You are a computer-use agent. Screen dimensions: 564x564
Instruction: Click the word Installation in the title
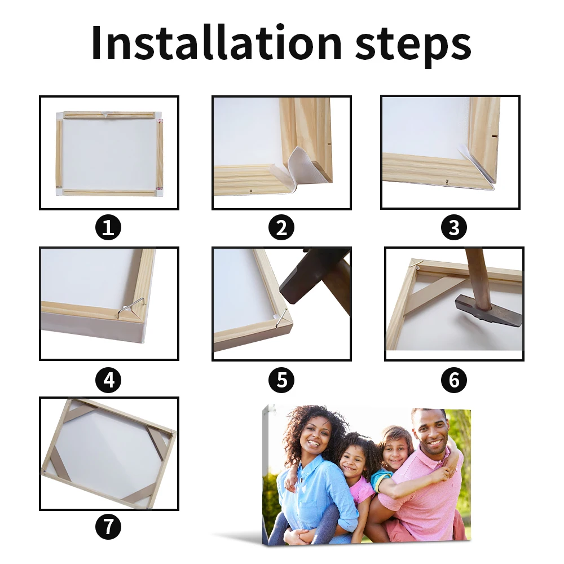(217, 42)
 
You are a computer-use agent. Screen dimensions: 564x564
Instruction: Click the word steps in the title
(413, 46)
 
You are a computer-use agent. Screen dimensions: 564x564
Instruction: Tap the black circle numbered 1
(108, 228)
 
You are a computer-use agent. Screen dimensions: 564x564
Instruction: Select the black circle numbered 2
(281, 228)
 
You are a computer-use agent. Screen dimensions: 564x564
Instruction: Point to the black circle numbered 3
(454, 228)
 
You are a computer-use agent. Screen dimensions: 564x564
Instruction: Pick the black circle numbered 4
(108, 380)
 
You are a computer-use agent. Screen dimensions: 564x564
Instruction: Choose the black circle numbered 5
(281, 380)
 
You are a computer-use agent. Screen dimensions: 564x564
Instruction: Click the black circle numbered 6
(454, 380)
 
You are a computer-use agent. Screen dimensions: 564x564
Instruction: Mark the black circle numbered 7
(108, 527)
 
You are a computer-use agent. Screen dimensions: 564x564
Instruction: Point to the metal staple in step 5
(281, 318)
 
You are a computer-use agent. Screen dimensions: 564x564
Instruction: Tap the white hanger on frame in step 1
(105, 114)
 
